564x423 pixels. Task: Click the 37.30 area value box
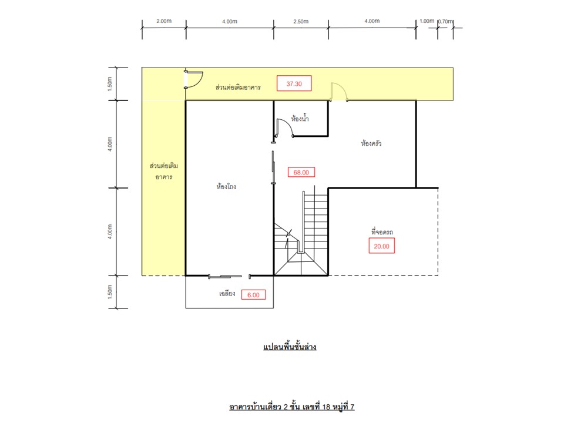[294, 83]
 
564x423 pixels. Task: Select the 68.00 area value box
[301, 172]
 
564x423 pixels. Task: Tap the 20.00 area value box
[381, 246]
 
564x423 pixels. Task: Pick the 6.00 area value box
[253, 295]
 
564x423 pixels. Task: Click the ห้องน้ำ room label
[300, 118]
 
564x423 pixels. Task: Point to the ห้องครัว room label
[371, 143]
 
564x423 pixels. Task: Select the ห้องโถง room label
[226, 186]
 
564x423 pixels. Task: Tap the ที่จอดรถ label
[382, 231]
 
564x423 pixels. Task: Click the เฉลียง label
[227, 294]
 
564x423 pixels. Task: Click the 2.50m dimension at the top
[301, 21]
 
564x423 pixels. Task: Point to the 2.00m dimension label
[164, 21]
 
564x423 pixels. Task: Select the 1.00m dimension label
[427, 21]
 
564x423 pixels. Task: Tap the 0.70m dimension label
[445, 21]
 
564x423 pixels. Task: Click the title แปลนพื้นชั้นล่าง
[290, 347]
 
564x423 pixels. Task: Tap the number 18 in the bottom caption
[326, 407]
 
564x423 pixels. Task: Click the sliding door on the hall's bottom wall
[225, 276]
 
